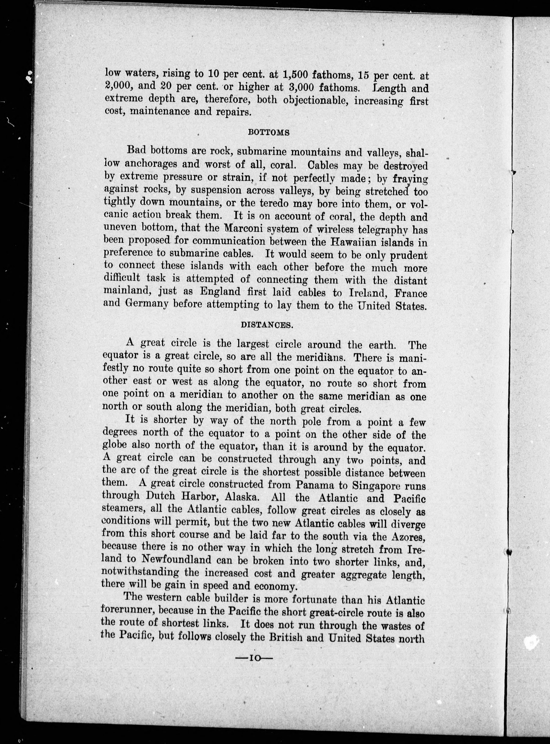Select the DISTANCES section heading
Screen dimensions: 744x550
pos(267,326)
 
